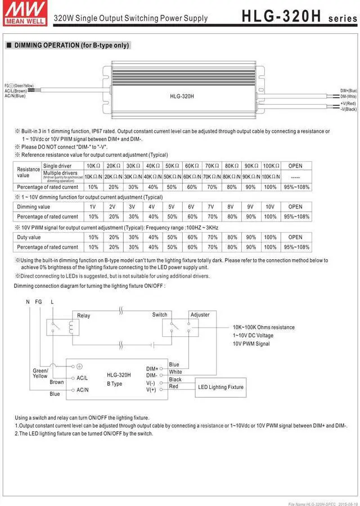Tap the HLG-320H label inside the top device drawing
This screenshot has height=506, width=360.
click(182, 96)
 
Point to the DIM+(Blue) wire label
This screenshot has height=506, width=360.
click(348, 91)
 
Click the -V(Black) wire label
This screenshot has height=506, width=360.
click(348, 109)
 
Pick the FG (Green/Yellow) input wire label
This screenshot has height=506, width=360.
click(19, 85)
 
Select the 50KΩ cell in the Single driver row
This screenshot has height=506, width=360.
click(172, 166)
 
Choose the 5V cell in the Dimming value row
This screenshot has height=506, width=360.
click(172, 206)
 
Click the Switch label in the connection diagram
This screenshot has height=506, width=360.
click(160, 315)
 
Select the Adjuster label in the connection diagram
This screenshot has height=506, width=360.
click(200, 315)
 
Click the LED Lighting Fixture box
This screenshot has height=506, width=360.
click(220, 387)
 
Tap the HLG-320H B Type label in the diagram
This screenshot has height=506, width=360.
click(119, 379)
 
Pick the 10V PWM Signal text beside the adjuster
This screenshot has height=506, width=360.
click(251, 344)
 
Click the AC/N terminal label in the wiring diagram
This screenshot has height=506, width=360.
click(83, 390)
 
